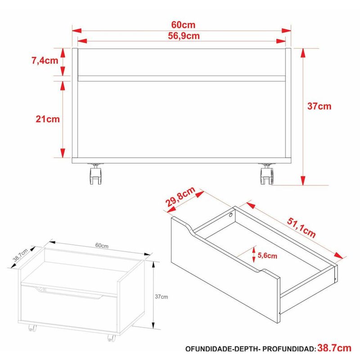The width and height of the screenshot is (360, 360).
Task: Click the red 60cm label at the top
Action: (x=183, y=25)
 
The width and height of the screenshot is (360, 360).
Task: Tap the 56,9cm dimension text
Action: (x=184, y=36)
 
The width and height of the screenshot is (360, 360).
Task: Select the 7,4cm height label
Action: (x=45, y=61)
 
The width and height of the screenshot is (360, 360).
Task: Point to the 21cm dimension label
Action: (x=48, y=119)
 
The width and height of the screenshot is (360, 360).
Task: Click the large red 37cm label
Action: (x=319, y=106)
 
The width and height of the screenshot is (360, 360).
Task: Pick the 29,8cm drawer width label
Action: (x=180, y=197)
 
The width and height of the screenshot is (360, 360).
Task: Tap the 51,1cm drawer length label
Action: (x=301, y=228)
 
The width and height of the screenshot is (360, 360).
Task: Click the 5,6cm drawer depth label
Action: (x=267, y=256)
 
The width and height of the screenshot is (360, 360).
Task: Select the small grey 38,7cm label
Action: (x=20, y=255)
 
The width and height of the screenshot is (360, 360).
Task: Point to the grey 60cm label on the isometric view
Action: (x=102, y=245)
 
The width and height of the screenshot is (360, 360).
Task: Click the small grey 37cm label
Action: (x=161, y=297)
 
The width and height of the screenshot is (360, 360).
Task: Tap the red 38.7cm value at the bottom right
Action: (x=334, y=348)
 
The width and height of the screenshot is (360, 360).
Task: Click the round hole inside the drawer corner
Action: (x=230, y=215)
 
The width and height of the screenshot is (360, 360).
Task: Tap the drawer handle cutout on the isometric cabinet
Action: (x=69, y=293)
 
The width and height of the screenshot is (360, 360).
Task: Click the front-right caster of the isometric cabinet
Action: (x=111, y=338)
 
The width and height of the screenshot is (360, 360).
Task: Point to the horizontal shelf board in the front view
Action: (x=182, y=78)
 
